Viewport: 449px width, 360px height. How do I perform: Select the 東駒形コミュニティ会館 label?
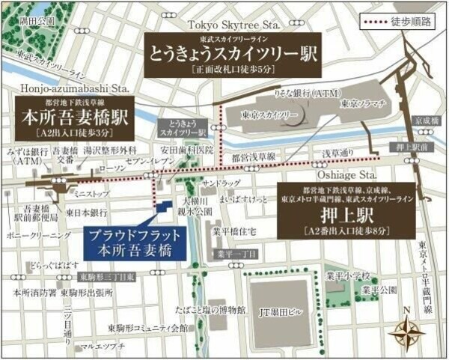[147, 328]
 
